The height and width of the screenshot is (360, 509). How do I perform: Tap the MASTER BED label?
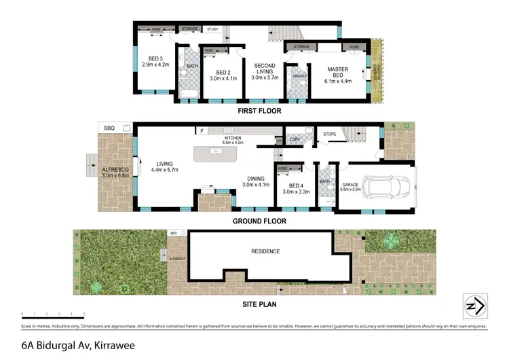[x=337, y=69]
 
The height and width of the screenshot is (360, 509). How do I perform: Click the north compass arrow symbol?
[x=474, y=306]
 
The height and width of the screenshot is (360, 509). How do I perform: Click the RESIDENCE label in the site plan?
[x=265, y=251]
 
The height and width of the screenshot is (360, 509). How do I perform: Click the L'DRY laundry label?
[x=295, y=139]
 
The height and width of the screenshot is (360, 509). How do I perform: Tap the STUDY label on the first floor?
[x=212, y=29]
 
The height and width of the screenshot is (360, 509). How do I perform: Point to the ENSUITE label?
[x=296, y=76]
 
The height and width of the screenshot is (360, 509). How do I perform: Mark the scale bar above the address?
[x=53, y=314]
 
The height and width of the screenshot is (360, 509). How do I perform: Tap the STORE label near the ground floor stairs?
[x=330, y=134]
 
